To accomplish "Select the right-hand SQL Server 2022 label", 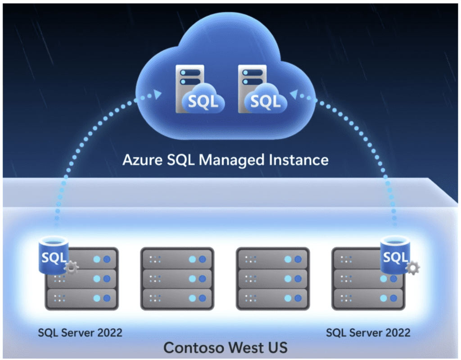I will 368,333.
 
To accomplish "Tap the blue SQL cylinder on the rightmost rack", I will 394,255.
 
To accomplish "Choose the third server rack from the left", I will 272,278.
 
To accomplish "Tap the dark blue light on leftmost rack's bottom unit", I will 107,298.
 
